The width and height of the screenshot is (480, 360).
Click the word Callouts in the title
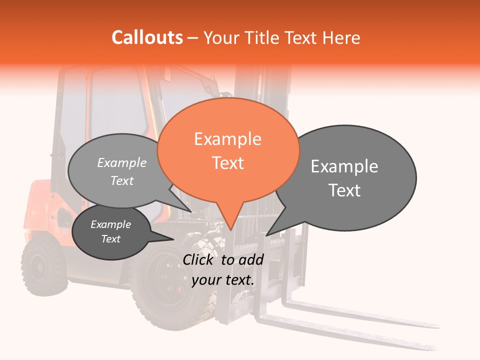(147, 37)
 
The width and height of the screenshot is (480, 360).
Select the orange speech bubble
(228, 150)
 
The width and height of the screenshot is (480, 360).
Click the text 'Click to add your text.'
(223, 269)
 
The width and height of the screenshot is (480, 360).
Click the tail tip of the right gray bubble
(267, 234)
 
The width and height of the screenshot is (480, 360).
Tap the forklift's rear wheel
(44, 264)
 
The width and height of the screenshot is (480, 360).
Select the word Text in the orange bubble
(228, 163)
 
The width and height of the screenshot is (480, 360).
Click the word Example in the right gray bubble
(344, 166)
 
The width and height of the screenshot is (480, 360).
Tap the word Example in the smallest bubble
(111, 224)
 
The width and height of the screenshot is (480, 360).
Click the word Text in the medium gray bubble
(122, 180)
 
